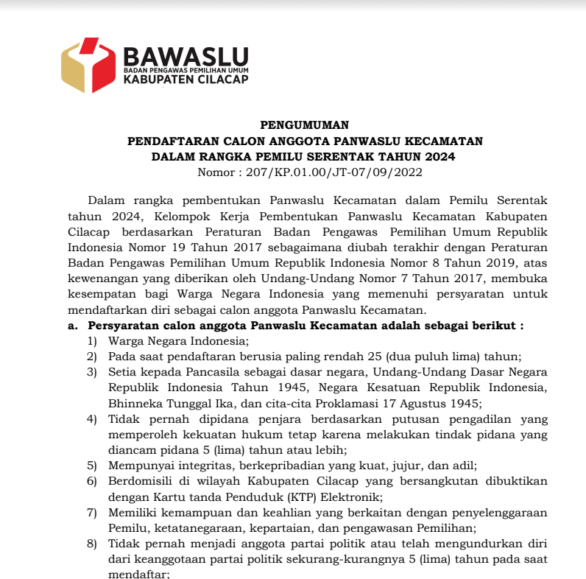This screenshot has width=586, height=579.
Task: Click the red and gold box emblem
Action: click(x=88, y=65)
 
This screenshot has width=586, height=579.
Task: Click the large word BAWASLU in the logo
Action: click(x=186, y=56)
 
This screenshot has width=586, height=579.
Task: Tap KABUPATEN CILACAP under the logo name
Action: click(x=186, y=80)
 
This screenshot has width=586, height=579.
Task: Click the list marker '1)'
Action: click(x=92, y=340)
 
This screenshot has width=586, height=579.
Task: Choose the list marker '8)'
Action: click(x=92, y=544)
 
